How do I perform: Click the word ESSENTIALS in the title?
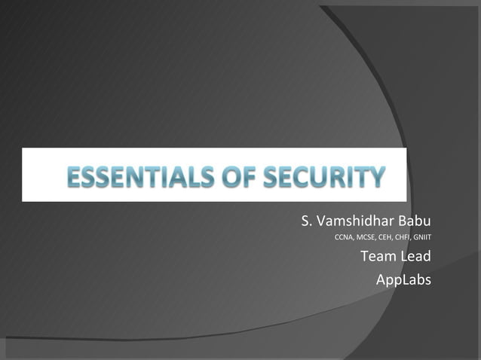pos(134,178)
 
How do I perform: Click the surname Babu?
pos(414,221)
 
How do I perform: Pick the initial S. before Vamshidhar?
pos(305,221)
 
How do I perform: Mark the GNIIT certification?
pos(421,239)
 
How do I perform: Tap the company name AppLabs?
pos(403,280)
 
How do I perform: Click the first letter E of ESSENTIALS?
pos(74,178)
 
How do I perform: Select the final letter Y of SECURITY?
pos(375,178)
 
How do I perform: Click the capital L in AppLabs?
pos(402,279)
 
